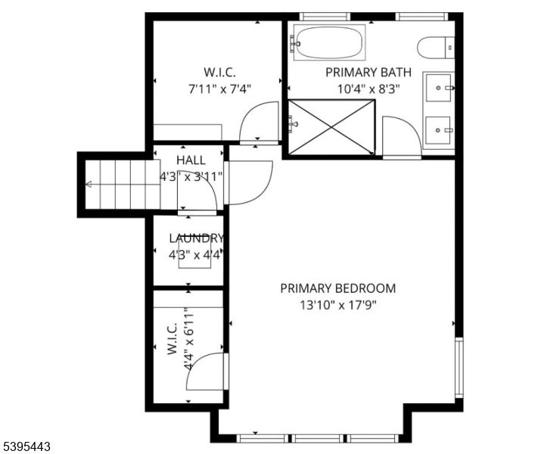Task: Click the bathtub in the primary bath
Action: tap(328, 42)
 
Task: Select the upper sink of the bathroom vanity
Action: tap(439, 88)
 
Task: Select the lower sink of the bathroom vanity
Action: tap(439, 130)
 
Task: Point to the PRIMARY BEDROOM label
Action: tap(337, 288)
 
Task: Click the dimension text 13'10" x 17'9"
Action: tap(337, 305)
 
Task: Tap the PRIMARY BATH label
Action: tap(368, 73)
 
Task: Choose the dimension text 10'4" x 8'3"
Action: tap(368, 88)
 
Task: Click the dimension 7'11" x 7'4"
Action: tap(219, 88)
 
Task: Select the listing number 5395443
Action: tap(26, 447)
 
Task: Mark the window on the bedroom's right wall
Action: tap(459, 367)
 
